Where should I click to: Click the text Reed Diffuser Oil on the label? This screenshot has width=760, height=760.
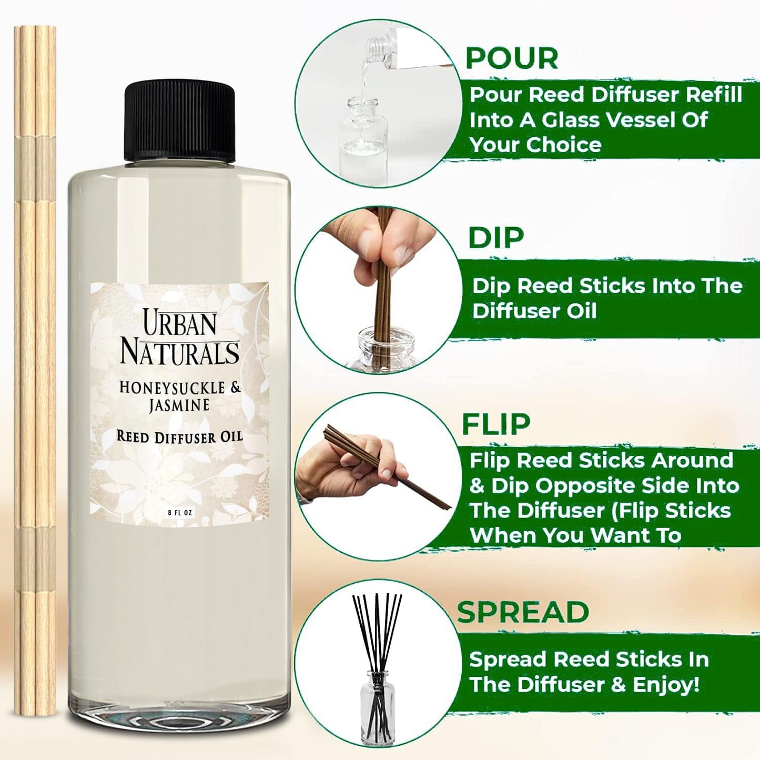(179, 437)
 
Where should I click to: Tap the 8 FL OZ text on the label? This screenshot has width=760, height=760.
(180, 513)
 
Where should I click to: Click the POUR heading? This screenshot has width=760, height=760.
(512, 58)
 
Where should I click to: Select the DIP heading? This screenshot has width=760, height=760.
(496, 238)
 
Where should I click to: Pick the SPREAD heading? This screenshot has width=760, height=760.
(523, 612)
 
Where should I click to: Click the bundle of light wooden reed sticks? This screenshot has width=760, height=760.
(35, 368)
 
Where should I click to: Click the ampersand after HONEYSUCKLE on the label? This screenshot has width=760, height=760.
(235, 388)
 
